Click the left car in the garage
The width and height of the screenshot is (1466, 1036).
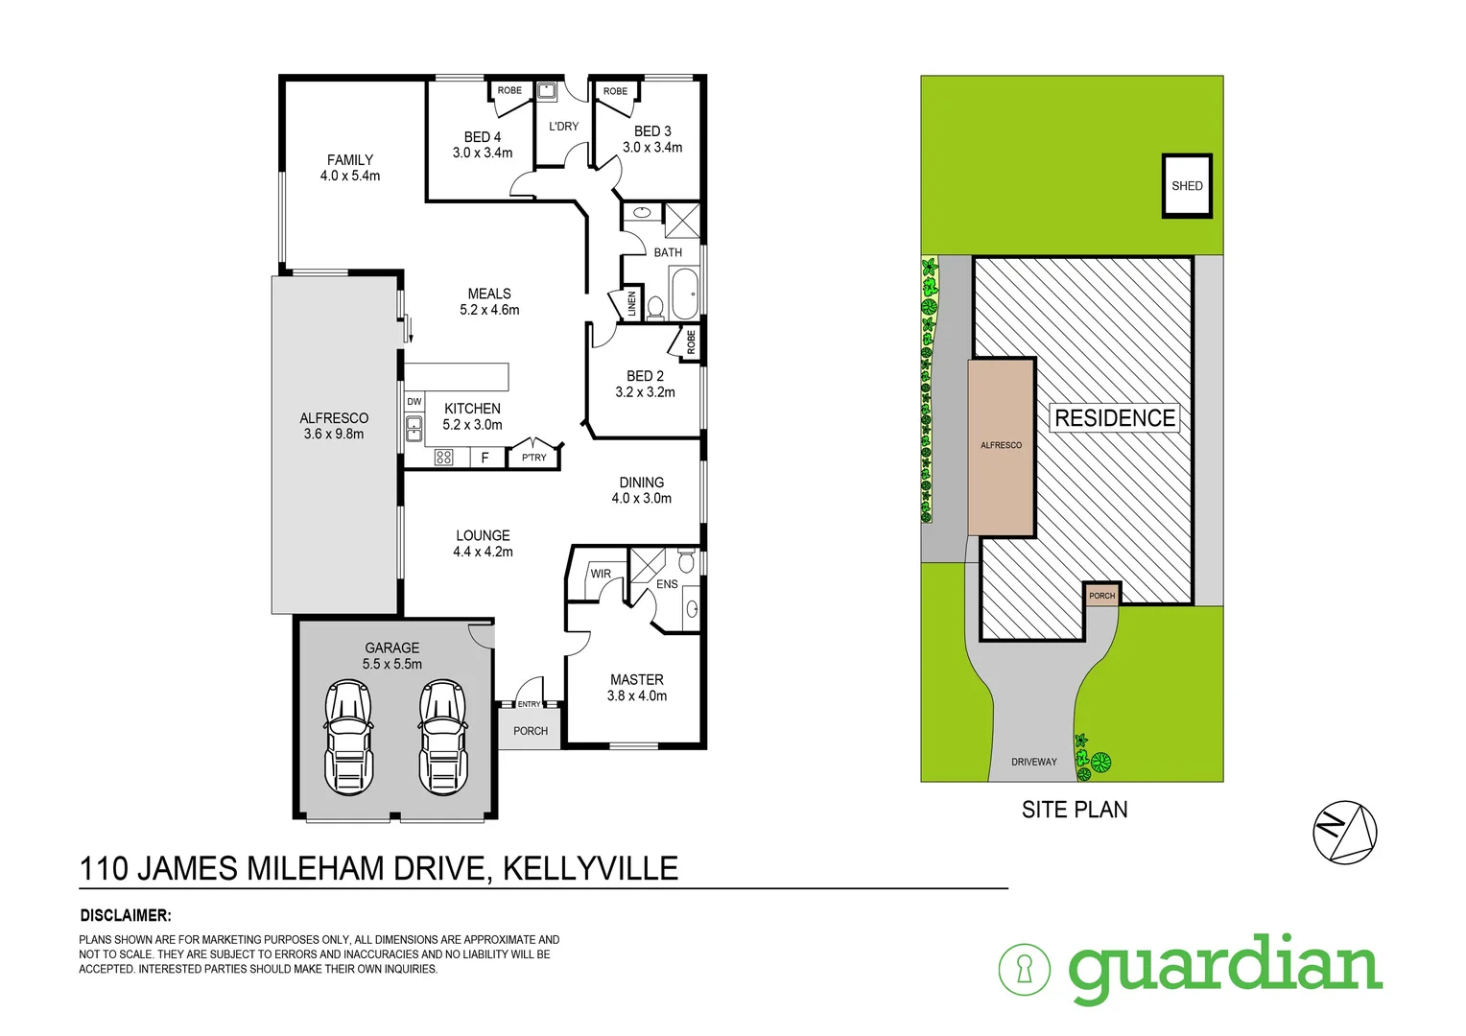pyautogui.click(x=348, y=737)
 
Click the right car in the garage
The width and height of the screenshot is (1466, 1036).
pyautogui.click(x=442, y=737)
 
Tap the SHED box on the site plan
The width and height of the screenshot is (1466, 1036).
pyautogui.click(x=1187, y=186)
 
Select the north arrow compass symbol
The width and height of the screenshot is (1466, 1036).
pyautogui.click(x=1344, y=832)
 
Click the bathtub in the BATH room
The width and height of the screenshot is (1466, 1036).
pyautogui.click(x=684, y=293)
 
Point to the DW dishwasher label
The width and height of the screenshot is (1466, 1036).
pyautogui.click(x=414, y=402)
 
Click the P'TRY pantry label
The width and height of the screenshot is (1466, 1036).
pyautogui.click(x=534, y=458)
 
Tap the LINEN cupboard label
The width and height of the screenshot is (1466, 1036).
pyautogui.click(x=631, y=304)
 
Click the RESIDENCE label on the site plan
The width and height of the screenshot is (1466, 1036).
pyautogui.click(x=1114, y=418)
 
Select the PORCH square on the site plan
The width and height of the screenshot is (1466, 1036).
pyautogui.click(x=1101, y=595)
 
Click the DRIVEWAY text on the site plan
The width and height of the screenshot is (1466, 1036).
pyautogui.click(x=1033, y=762)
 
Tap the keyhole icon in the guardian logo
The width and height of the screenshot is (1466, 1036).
pyautogui.click(x=1024, y=969)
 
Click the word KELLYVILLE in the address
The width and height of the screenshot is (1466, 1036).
pyautogui.click(x=590, y=868)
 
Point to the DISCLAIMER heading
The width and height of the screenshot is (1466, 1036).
pyautogui.click(x=125, y=915)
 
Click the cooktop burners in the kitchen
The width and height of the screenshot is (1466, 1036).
pyautogui.click(x=443, y=458)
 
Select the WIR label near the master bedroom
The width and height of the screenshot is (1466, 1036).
pyautogui.click(x=601, y=574)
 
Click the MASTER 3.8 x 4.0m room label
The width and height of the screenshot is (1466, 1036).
pyautogui.click(x=637, y=687)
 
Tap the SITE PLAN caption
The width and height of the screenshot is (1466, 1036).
pyautogui.click(x=1075, y=810)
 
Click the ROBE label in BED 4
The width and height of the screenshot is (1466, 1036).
pyautogui.click(x=509, y=90)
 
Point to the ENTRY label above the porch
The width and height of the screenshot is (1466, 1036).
pyautogui.click(x=529, y=704)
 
